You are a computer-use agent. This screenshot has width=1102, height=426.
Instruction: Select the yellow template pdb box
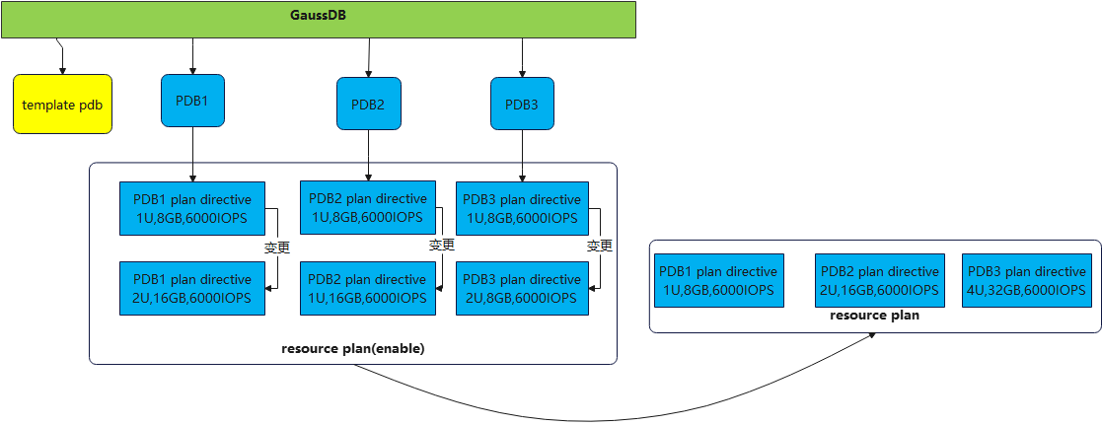63,104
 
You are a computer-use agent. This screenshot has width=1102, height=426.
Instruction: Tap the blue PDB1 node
192,101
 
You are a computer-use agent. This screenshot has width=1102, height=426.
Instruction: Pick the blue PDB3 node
522,105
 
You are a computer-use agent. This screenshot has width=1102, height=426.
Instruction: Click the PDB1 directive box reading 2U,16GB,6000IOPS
192,288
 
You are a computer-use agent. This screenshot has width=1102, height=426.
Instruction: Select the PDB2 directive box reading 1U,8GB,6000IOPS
368,208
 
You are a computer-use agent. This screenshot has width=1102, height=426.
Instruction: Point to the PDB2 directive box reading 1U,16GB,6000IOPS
368,288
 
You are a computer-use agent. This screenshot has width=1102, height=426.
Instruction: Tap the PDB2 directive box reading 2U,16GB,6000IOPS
879,280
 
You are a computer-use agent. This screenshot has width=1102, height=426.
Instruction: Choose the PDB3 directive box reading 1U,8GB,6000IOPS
522,208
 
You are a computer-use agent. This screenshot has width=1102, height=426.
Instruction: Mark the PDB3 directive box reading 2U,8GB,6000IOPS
522,288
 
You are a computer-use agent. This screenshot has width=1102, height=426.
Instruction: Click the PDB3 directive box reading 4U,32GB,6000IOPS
1027,280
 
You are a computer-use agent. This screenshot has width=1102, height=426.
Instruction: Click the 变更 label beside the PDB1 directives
277,247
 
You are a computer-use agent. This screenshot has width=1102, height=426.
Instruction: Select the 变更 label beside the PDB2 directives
442,245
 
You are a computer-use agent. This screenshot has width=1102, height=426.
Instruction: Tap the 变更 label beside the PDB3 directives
600,245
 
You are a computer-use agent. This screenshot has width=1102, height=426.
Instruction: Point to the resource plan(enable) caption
353,349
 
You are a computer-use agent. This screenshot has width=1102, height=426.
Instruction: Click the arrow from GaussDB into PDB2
368,59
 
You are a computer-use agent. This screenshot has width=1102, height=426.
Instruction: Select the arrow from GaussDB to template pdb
62,57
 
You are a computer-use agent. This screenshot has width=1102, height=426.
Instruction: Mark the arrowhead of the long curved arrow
874,335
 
